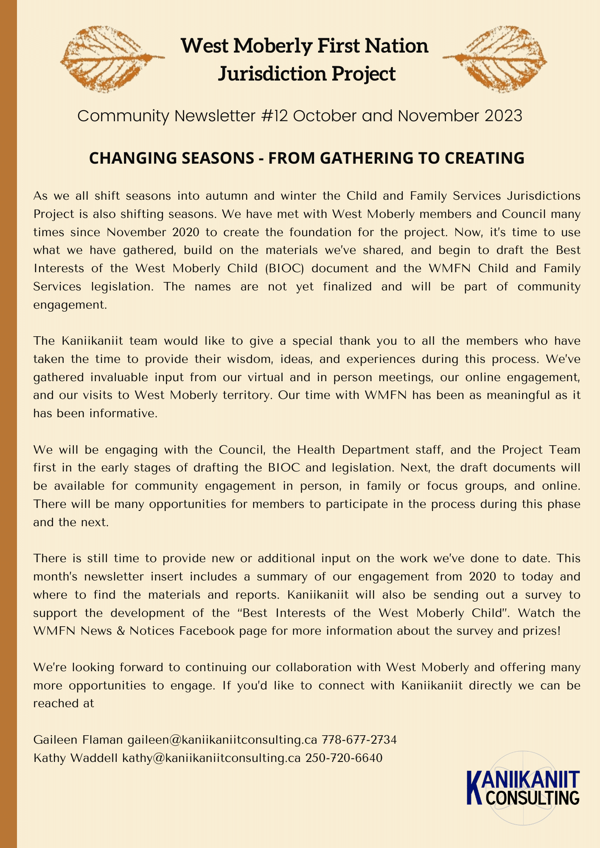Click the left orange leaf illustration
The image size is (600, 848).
[111, 59]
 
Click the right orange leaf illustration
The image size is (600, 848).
[496, 59]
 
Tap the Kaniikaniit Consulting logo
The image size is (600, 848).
[523, 788]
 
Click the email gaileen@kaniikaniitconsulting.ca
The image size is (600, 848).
[222, 740]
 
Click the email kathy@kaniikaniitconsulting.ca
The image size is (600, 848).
[211, 758]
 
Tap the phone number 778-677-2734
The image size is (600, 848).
[359, 740]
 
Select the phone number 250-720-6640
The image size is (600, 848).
[344, 758]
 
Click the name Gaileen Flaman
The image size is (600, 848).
[78, 740]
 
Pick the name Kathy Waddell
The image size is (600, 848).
[76, 758]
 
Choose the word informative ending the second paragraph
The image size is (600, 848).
[123, 413]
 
